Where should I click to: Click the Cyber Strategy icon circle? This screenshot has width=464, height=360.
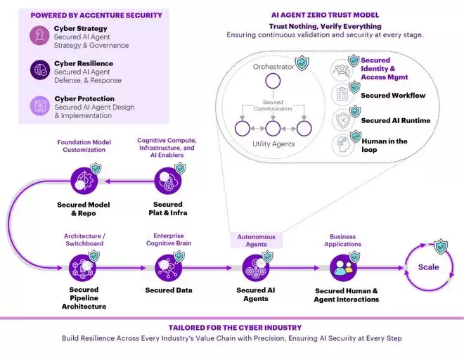point(38,36)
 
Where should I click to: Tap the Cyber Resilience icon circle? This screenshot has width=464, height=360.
point(38,69)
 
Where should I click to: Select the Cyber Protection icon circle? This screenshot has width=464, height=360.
point(38,105)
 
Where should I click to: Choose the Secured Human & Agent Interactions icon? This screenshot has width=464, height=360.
point(343,267)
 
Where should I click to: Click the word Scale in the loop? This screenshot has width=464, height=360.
point(429,267)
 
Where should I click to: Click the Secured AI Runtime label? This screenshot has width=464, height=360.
point(395,120)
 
